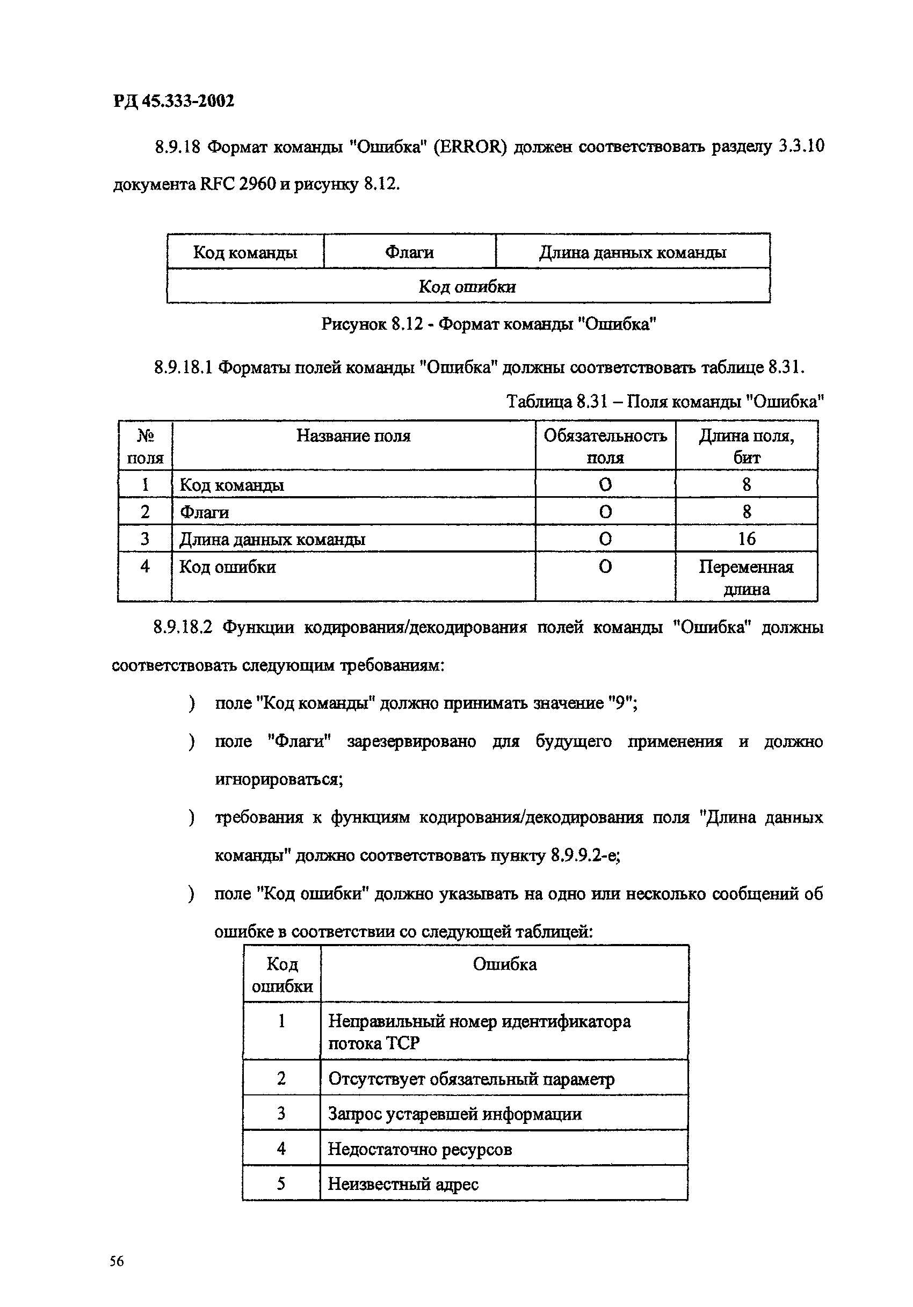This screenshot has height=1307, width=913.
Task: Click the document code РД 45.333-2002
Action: [173, 101]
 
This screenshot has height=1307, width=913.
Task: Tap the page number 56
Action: [116, 1261]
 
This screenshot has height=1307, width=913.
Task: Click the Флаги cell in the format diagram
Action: [409, 252]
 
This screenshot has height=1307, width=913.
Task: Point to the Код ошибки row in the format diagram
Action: [467, 286]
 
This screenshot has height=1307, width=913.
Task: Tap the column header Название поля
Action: [353, 436]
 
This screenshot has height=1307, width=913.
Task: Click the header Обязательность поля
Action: [605, 446]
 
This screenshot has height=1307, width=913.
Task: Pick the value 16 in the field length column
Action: [746, 539]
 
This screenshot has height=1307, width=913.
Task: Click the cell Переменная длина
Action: [746, 577]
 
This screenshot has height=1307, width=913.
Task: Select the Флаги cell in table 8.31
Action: [205, 512]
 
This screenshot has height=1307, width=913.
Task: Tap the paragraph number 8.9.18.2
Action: [183, 627]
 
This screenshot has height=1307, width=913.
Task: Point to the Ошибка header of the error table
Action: [504, 964]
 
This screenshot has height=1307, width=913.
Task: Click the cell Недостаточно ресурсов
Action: [420, 1149]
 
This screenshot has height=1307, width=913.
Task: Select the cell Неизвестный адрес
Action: [403, 1185]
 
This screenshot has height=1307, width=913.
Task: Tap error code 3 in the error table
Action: [281, 1114]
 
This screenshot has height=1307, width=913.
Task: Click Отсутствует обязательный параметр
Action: [472, 1079]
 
